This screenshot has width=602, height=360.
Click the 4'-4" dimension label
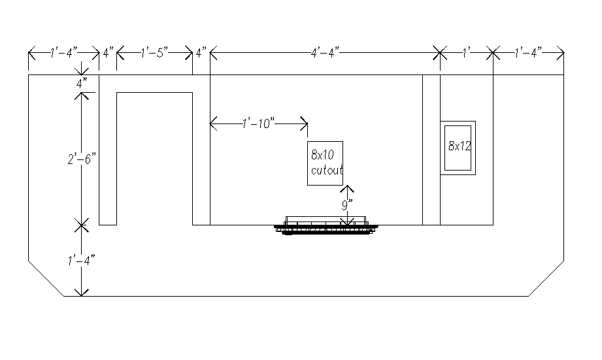click(325, 52)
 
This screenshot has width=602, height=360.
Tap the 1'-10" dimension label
click(258, 123)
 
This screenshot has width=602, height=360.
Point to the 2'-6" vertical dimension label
click(82, 159)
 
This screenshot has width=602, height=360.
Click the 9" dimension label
click(347, 205)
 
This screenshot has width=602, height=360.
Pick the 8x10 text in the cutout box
click(322, 155)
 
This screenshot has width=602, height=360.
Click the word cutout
click(327, 170)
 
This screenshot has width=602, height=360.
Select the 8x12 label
click(460, 146)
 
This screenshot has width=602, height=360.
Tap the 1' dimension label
click(467, 52)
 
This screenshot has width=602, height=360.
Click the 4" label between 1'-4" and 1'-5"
click(109, 52)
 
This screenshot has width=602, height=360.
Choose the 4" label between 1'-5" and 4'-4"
click(201, 52)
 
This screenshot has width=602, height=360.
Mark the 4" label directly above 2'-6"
click(82, 83)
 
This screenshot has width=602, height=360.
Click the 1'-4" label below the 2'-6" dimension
click(81, 261)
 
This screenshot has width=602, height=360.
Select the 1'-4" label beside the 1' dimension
click(528, 52)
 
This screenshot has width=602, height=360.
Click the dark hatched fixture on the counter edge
click(326, 225)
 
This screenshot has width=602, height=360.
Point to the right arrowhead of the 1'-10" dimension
click(304, 123)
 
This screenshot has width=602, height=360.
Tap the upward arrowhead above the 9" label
click(347, 188)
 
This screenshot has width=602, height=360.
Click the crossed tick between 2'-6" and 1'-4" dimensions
click(81, 225)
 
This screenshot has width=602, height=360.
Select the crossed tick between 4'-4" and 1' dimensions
click(440, 52)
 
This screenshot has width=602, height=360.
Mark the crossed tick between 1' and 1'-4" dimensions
click(493, 52)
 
